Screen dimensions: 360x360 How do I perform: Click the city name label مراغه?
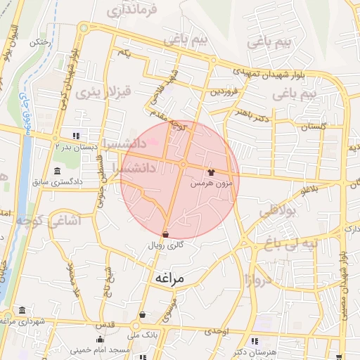(x=167, y=278)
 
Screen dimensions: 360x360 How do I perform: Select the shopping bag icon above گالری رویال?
(x=165, y=234)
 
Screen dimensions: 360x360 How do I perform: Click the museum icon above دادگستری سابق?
(x=57, y=172)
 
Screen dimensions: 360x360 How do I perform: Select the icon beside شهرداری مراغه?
(x=23, y=310)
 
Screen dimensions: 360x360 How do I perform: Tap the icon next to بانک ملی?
(x=143, y=315)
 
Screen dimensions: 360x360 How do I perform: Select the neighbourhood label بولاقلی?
(x=279, y=210)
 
